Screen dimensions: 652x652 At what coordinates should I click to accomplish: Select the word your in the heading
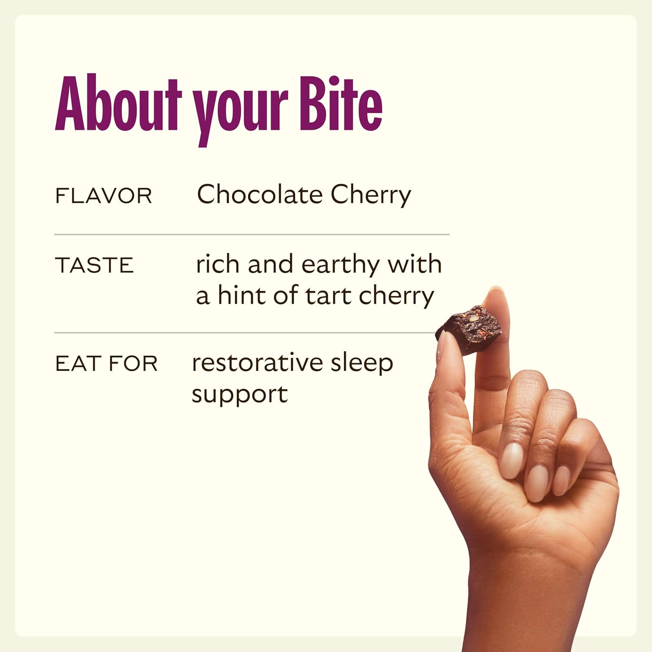[240, 111]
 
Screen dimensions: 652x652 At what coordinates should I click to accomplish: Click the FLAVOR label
[103, 196]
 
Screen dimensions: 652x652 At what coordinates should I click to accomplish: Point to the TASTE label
[94, 265]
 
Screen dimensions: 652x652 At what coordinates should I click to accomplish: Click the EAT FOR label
[106, 363]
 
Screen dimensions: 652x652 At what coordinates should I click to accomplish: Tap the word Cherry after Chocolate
[370, 195]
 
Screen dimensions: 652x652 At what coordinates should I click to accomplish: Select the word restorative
[257, 363]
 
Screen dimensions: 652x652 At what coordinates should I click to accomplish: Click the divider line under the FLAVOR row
[252, 234]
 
